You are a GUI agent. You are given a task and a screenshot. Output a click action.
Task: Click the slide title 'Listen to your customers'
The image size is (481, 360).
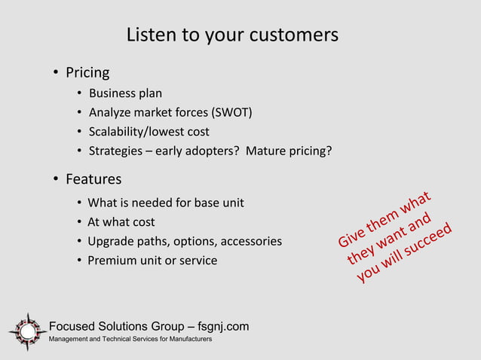click(231, 35)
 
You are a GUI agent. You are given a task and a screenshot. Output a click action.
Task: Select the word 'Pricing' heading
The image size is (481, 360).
click(87, 73)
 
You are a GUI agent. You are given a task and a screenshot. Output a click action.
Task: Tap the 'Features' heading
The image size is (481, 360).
click(93, 179)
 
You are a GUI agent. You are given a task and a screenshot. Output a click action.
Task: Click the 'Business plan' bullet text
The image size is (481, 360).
click(125, 94)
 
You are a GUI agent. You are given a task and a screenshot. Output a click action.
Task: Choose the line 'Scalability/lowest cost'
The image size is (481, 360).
click(149, 132)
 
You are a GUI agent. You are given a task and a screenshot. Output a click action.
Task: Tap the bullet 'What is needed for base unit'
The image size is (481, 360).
click(166, 203)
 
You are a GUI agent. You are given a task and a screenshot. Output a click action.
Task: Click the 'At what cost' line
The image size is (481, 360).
click(121, 222)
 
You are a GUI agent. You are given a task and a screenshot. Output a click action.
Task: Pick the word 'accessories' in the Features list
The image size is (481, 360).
click(251, 242)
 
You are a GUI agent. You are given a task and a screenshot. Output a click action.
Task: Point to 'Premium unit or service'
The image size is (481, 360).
click(152, 261)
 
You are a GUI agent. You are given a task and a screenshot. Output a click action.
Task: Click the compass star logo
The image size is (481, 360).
click(27, 331)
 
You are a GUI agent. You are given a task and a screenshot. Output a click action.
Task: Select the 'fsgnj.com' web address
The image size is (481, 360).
click(222, 326)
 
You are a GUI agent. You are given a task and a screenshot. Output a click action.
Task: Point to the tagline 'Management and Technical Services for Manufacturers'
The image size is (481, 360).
click(130, 340)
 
